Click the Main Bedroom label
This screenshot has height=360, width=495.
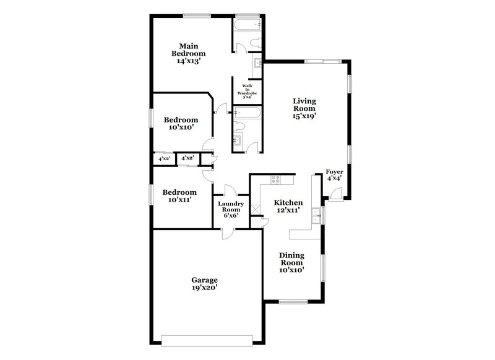188,53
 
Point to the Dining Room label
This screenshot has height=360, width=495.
291,262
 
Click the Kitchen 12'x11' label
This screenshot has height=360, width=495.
288,206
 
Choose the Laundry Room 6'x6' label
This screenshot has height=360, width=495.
230,210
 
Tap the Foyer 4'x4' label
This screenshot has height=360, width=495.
334,174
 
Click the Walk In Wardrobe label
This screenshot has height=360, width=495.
247,92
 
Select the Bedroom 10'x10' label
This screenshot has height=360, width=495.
181,123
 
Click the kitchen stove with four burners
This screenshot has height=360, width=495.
275,179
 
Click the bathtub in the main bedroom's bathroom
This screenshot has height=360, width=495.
247,25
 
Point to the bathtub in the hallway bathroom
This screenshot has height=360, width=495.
247,113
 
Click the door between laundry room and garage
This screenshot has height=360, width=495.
227,233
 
